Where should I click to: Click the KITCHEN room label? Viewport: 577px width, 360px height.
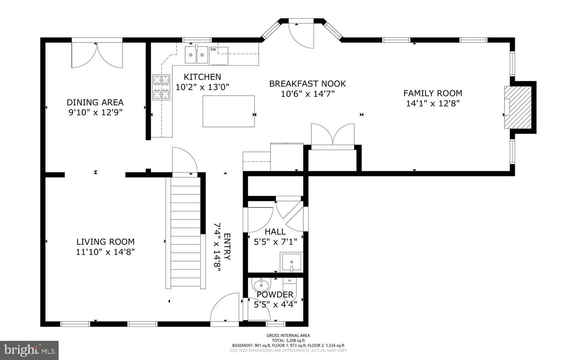click(202, 77)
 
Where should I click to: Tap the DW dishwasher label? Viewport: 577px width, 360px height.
click(213, 50)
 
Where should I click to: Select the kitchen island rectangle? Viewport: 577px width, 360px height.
click(228, 111)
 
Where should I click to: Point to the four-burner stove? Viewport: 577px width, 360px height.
click(161, 87)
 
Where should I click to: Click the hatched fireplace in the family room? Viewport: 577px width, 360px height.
click(519, 107)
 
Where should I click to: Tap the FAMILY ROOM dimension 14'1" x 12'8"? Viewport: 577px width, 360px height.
click(433, 103)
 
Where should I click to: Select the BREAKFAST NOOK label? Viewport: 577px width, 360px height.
click(307, 84)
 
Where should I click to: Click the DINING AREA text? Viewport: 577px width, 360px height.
click(95, 103)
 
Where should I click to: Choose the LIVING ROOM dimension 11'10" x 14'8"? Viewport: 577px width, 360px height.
click(105, 252)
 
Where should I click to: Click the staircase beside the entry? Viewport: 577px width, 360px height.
click(185, 232)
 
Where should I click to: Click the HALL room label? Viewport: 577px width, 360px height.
click(275, 231)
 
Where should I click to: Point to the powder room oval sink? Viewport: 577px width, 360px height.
click(261, 286)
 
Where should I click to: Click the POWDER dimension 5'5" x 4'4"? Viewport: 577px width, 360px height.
click(276, 304)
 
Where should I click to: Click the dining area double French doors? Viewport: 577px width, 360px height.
click(97, 55)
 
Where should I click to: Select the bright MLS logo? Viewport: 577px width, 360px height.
click(29, 350)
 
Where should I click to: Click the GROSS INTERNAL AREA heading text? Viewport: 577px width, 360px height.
click(288, 336)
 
